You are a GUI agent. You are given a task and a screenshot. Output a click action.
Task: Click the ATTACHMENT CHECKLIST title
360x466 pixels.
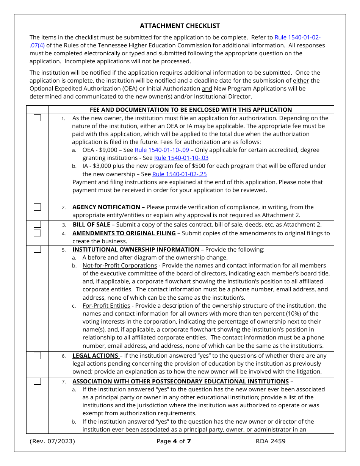(x=180, y=26)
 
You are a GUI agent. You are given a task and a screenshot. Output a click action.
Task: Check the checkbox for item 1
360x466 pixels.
(x=37, y=118)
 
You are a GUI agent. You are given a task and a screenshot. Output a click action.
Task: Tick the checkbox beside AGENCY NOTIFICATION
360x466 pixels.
(x=37, y=207)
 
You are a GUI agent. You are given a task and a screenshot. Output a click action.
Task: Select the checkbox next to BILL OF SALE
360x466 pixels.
(x=37, y=224)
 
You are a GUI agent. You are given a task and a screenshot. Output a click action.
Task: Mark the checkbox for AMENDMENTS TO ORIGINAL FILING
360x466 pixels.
(x=37, y=233)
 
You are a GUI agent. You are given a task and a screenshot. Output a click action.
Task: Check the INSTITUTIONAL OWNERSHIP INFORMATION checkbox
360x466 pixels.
(x=37, y=249)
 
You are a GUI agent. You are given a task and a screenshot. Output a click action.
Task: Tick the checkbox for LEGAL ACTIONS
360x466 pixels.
(x=37, y=355)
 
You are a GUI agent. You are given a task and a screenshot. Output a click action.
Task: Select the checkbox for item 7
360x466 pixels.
(x=37, y=381)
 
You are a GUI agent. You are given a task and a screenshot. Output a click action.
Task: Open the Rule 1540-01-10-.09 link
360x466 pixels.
(x=162, y=150)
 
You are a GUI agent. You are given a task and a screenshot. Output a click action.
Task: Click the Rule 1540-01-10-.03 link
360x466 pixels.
(x=181, y=158)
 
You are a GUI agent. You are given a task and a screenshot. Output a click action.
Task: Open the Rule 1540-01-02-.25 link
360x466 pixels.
(x=179, y=174)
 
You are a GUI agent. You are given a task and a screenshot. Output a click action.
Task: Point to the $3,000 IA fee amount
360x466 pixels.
(x=100, y=166)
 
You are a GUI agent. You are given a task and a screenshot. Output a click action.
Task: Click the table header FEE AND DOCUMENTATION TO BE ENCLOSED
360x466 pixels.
(x=191, y=109)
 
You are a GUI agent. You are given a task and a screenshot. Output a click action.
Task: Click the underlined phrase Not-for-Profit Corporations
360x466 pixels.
(x=120, y=266)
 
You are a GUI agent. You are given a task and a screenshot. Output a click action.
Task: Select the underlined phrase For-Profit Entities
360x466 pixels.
(x=106, y=305)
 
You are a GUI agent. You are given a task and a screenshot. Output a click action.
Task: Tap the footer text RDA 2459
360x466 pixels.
(x=271, y=441)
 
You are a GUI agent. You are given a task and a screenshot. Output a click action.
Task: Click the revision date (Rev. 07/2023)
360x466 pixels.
(x=52, y=441)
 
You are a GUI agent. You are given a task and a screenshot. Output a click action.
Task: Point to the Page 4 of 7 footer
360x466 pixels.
(x=174, y=441)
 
